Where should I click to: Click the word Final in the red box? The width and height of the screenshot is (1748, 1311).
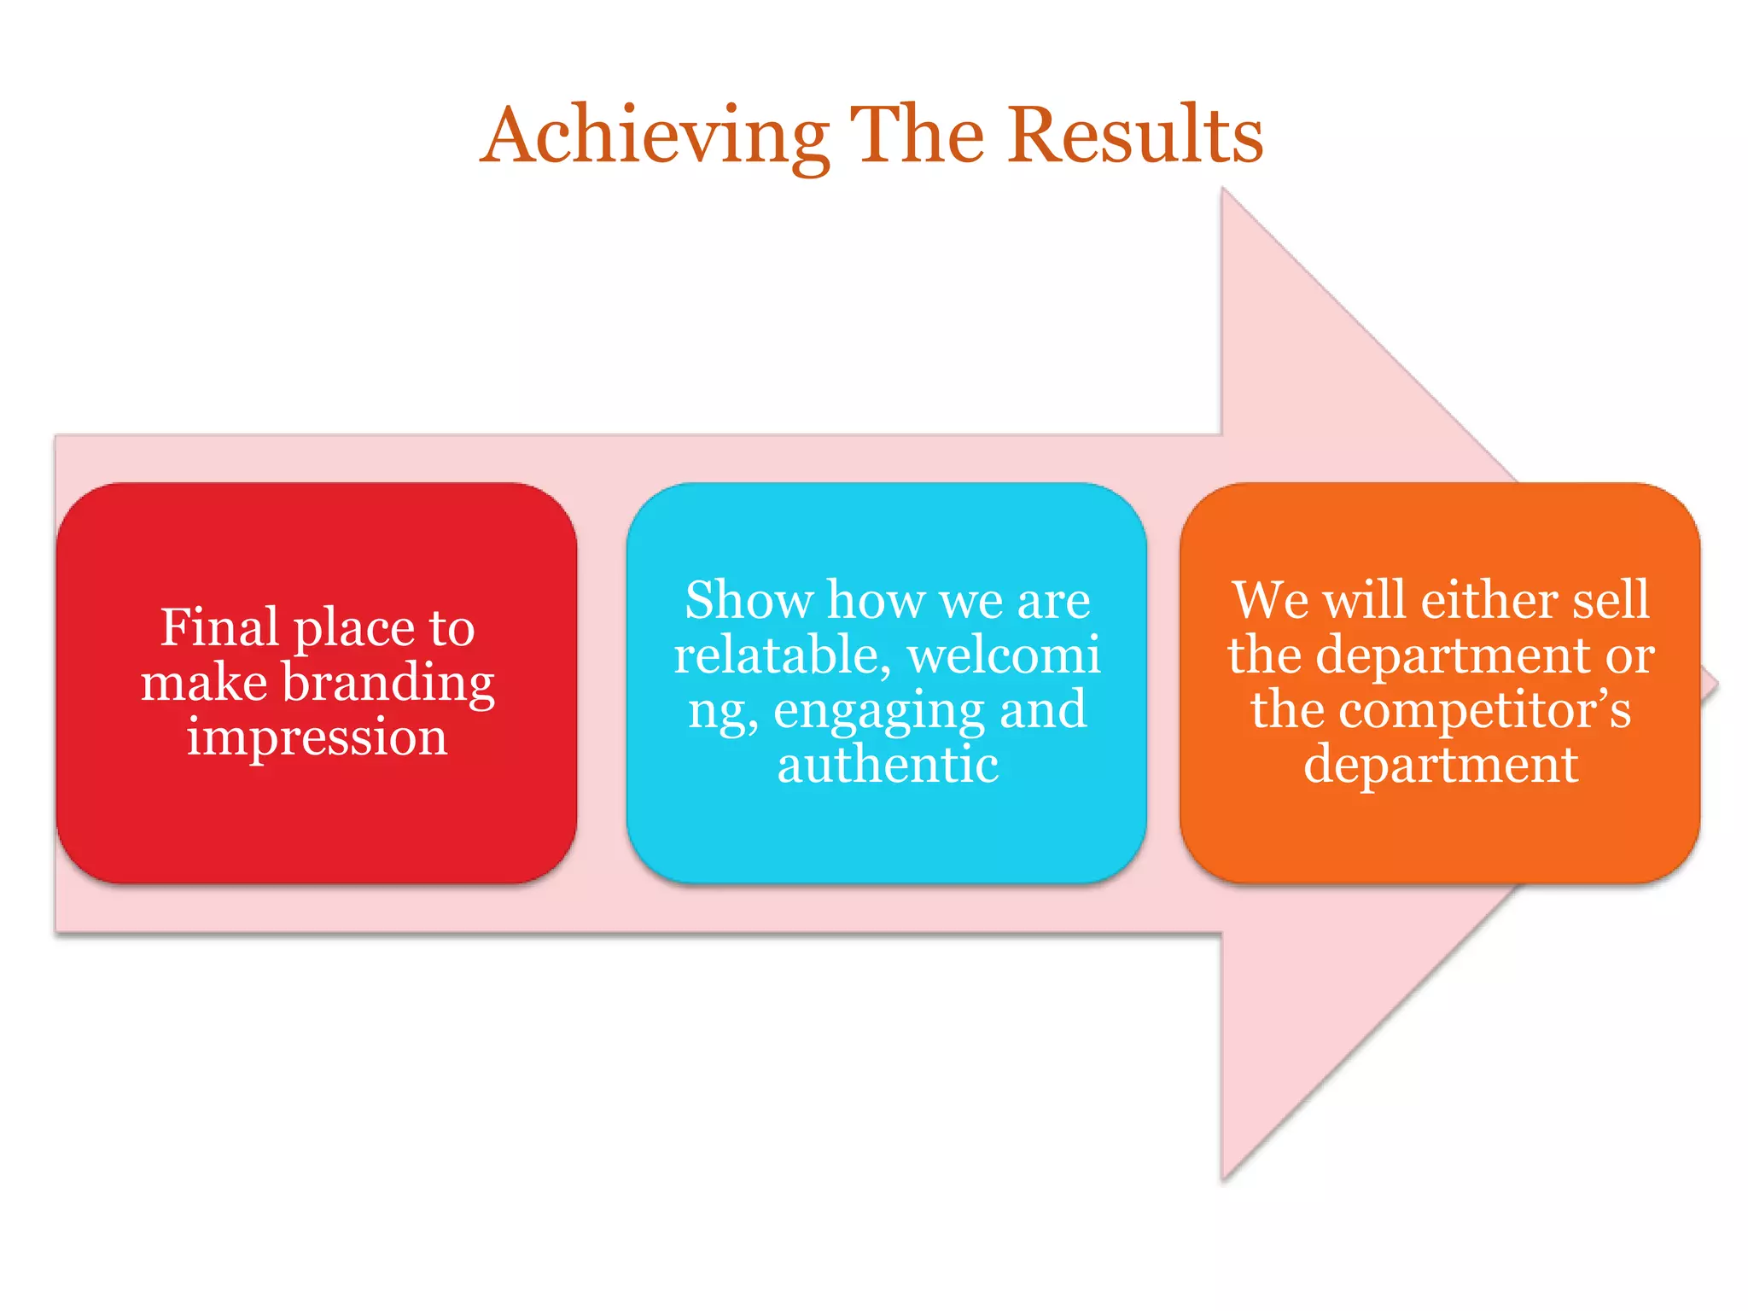(x=219, y=627)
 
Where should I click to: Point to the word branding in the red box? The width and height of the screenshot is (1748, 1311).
(x=388, y=683)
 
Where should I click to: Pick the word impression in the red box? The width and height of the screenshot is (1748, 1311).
(x=317, y=737)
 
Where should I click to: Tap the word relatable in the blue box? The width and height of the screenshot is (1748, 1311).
(x=782, y=655)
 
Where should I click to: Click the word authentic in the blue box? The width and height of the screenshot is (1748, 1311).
(x=888, y=764)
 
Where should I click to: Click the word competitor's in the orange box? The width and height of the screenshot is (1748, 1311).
(x=1484, y=710)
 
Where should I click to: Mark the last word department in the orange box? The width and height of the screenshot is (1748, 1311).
(x=1441, y=764)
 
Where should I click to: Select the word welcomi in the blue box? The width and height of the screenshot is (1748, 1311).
(x=1004, y=655)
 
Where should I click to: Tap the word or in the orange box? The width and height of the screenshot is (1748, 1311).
(x=1630, y=655)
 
